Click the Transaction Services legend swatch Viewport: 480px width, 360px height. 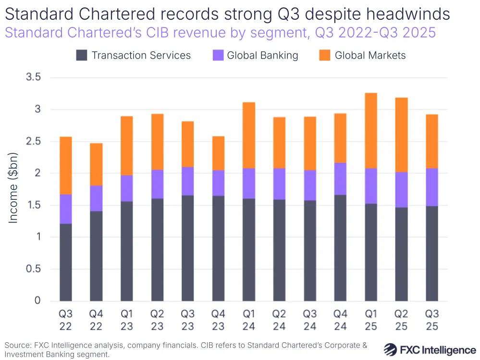[x=82, y=55]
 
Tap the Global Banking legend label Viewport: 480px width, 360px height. [x=262, y=55]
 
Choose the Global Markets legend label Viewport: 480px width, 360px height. [x=370, y=55]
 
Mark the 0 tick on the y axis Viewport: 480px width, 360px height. [x=37, y=301]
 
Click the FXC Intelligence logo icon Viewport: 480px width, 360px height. [x=392, y=349]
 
